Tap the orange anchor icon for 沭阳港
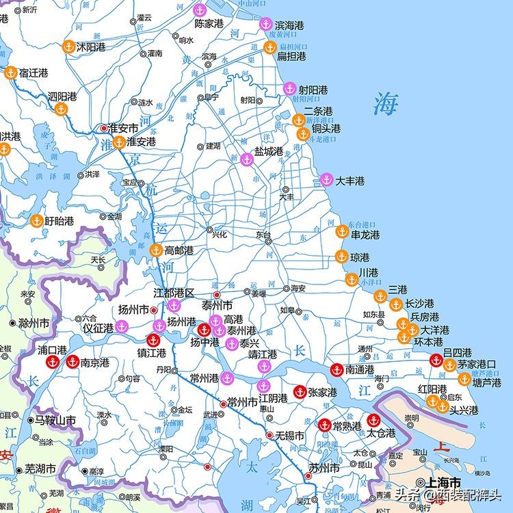(68, 47)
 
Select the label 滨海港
(289, 25)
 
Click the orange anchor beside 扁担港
(269, 48)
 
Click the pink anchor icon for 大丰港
(326, 180)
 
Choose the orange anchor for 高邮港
(156, 250)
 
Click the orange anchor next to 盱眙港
(36, 220)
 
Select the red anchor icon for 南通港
(336, 369)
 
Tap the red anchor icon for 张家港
(299, 392)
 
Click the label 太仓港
(381, 433)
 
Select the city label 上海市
(443, 482)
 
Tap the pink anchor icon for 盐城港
(247, 159)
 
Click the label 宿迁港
(34, 73)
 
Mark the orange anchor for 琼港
(341, 257)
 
